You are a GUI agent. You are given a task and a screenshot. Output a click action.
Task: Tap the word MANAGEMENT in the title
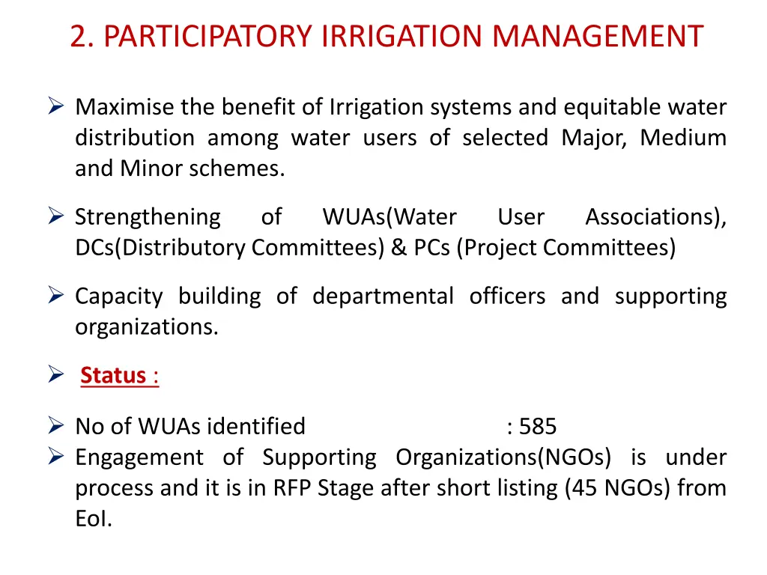pos(598,36)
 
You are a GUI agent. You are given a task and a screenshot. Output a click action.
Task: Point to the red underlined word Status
pos(113,375)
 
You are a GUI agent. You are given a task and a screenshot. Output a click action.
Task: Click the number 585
pos(538,427)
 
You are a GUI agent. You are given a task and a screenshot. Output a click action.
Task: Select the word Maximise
pos(125,108)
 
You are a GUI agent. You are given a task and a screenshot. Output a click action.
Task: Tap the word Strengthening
pos(148,217)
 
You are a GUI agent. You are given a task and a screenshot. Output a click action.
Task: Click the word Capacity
pos(118,296)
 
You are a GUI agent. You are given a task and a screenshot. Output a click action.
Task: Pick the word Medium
pos(683,139)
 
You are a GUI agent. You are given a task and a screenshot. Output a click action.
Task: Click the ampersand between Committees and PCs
pos(398,248)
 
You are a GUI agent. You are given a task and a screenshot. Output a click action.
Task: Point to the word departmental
pos(383,296)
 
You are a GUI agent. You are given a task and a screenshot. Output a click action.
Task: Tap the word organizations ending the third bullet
pos(147,327)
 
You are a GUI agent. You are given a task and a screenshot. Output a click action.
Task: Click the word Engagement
pos(139,457)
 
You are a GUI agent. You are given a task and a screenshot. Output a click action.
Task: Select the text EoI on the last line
pos(93,519)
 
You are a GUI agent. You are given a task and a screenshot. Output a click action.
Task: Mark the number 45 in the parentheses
pos(587,488)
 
